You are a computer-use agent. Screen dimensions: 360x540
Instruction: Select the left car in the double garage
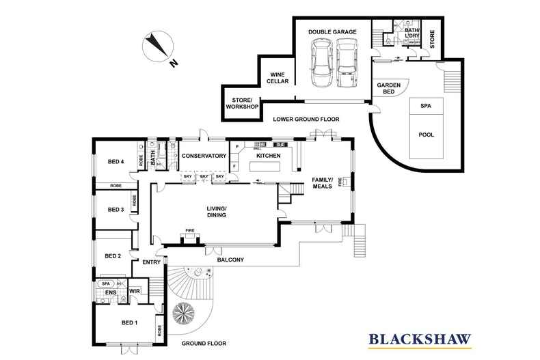(x=320, y=64)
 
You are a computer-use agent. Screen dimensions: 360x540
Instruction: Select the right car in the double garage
(x=347, y=64)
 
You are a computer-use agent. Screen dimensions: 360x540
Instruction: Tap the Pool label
(x=426, y=135)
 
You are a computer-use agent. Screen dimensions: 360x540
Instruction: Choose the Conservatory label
(x=204, y=156)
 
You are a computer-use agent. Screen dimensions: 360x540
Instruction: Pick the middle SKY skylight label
(x=204, y=177)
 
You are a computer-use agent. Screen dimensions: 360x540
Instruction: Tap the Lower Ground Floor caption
(x=306, y=119)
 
